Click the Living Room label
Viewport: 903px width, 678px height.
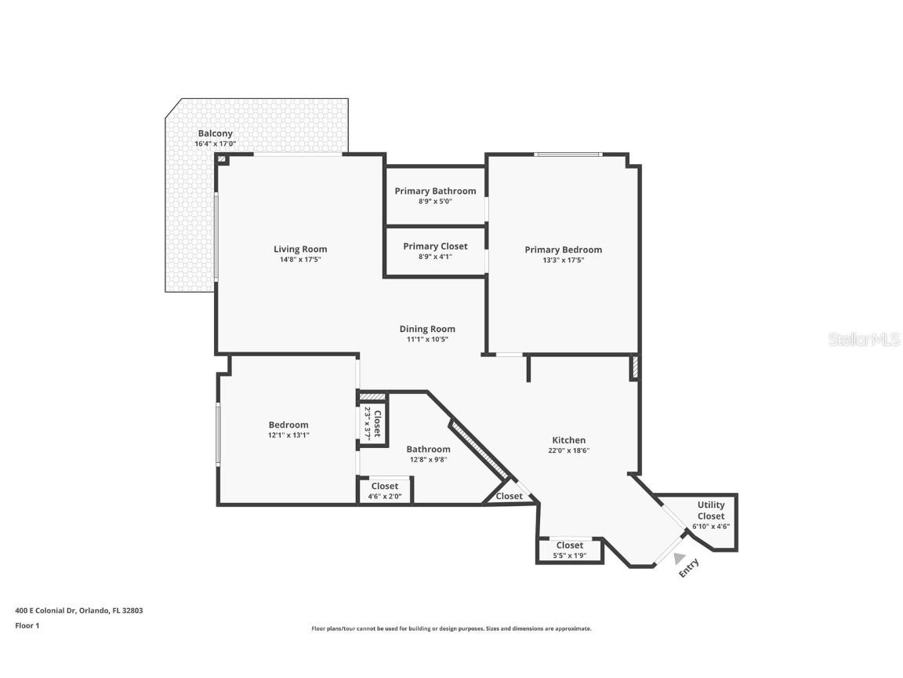click(x=299, y=250)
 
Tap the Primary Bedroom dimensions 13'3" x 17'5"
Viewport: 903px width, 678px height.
click(x=563, y=260)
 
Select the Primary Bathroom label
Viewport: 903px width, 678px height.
click(x=435, y=191)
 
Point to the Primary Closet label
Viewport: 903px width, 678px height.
click(x=435, y=246)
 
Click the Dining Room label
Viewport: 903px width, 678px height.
click(x=427, y=329)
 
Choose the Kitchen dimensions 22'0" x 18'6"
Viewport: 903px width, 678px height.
click(x=568, y=450)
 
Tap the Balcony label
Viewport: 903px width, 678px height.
click(x=215, y=133)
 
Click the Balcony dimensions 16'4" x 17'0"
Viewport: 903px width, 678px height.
click(x=215, y=144)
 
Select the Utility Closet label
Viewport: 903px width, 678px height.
click(x=711, y=510)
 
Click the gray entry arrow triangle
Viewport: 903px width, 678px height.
click(x=679, y=558)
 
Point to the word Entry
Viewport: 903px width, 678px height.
click(x=689, y=568)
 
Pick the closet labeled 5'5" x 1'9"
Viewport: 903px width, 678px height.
click(x=570, y=550)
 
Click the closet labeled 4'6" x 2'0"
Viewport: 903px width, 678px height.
click(x=385, y=490)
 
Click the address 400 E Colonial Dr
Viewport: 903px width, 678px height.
click(x=78, y=611)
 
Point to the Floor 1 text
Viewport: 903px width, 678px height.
click(x=27, y=625)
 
